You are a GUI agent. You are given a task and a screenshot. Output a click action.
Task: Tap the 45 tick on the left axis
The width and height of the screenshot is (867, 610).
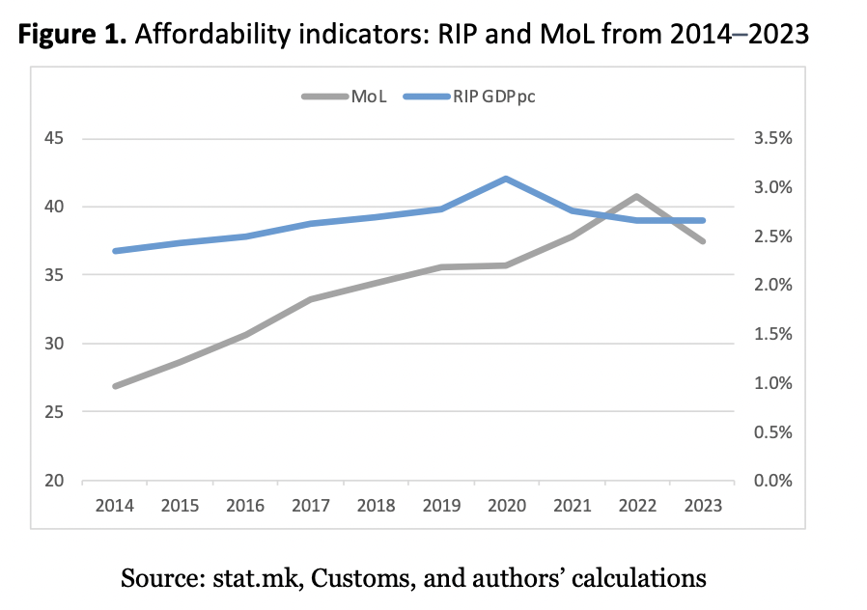click(53, 138)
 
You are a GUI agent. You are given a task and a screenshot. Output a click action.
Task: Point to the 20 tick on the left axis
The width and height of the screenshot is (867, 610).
click(53, 481)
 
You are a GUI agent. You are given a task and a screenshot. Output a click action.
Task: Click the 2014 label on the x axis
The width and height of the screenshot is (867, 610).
click(115, 505)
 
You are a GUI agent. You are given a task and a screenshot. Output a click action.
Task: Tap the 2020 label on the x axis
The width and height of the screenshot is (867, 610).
click(506, 505)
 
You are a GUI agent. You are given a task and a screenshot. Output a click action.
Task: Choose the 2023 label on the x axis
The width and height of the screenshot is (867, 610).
click(702, 505)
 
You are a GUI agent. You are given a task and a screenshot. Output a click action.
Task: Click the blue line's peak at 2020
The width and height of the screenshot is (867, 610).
click(506, 179)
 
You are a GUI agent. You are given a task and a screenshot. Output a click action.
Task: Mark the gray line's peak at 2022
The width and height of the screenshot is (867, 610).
click(636, 196)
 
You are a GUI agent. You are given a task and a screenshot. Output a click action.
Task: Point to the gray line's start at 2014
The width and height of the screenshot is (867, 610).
click(115, 386)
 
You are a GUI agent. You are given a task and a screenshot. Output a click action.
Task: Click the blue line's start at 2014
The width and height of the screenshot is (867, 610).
click(115, 251)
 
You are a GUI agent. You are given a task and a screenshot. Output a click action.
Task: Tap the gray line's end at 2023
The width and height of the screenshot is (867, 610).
click(702, 241)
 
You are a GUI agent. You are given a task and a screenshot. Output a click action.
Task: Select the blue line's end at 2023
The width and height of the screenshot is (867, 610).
click(702, 220)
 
